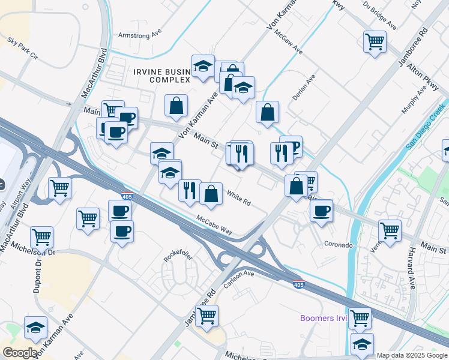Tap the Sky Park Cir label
coord(22,49)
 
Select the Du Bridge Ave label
coord(380,18)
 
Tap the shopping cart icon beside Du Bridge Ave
coord(375,42)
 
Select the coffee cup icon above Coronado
coord(322,211)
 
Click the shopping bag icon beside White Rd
coord(211,194)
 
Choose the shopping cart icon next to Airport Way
coord(59,188)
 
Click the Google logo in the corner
coord(20,353)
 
